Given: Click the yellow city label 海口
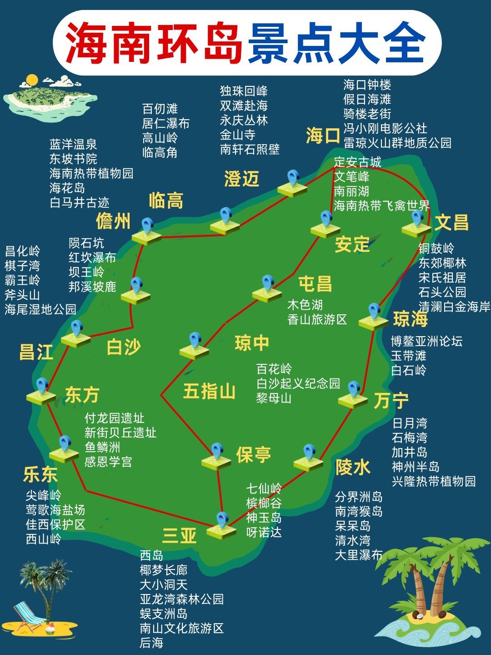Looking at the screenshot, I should tap(323, 136).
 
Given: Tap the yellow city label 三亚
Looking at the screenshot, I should tap(179, 535).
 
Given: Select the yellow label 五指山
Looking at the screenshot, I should tap(209, 391).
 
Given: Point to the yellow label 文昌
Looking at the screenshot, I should tap(451, 222).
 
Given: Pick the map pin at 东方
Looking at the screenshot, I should tap(42, 387).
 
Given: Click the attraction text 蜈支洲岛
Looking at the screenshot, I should tap(164, 614).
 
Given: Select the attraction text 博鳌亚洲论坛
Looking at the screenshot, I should tap(426, 341).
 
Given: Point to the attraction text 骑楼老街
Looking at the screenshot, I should tap(367, 114).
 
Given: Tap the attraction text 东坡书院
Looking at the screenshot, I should tap(73, 159).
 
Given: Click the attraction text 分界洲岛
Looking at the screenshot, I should tap(359, 497).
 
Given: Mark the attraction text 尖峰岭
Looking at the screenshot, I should tap(43, 495).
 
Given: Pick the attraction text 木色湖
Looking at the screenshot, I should tap(305, 305).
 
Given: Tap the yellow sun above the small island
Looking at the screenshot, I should tap(31, 80).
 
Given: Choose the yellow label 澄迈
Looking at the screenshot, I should tap(241, 179).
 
